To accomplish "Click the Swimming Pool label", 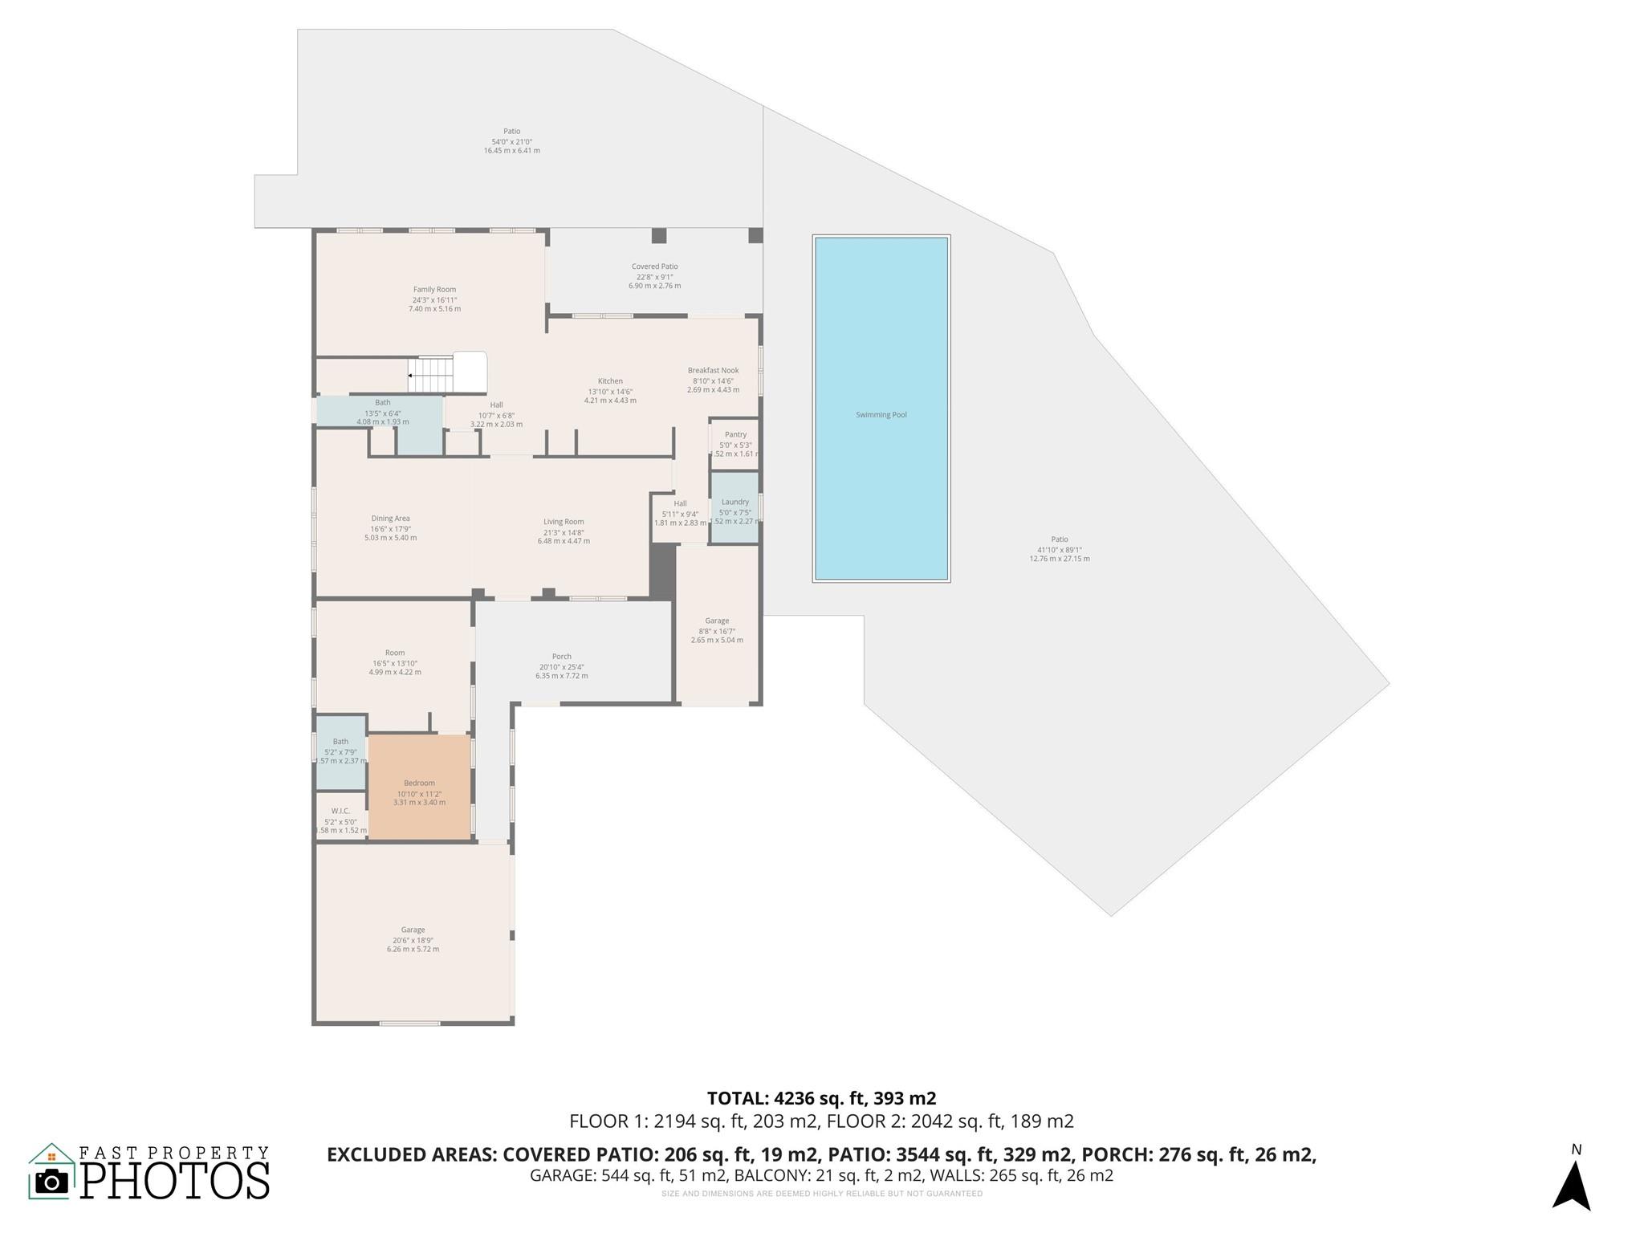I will click(x=881, y=415).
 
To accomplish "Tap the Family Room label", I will click(x=434, y=290).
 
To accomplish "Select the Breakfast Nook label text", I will click(x=713, y=371).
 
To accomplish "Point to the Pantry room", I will click(x=735, y=443).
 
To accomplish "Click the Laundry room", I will click(x=735, y=509).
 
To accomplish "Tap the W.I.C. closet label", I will click(x=340, y=812).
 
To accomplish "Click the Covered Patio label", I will click(x=654, y=267).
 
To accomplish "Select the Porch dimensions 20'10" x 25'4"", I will click(x=562, y=667).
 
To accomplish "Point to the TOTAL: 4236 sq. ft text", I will click(x=821, y=1098).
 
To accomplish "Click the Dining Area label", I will click(x=390, y=519).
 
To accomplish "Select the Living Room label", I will click(x=564, y=522).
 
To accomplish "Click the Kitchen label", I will click(x=610, y=381).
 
